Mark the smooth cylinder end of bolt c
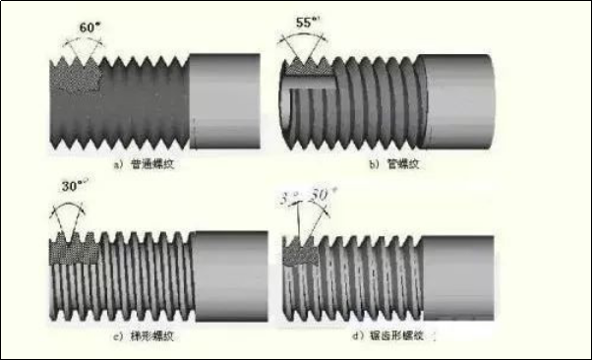(x=232, y=273)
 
